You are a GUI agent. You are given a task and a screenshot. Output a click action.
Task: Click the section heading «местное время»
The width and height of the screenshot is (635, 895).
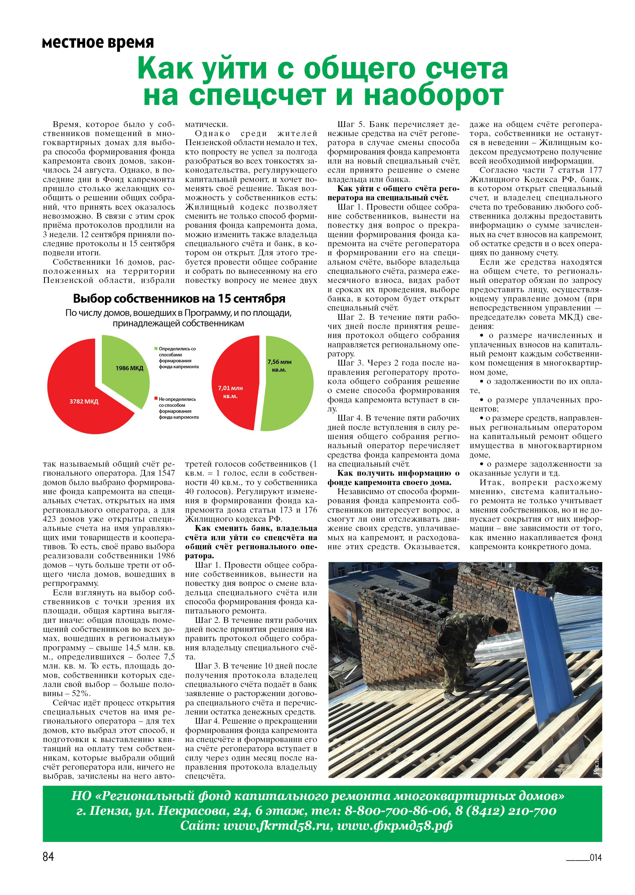[x=98, y=42]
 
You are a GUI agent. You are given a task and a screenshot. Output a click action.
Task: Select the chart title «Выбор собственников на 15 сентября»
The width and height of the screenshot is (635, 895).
[x=179, y=299]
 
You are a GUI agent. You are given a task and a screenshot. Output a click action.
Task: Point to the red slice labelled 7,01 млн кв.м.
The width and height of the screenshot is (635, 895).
[x=232, y=391]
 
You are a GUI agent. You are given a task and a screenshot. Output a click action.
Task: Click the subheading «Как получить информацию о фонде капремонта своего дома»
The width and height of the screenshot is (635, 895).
[x=393, y=478]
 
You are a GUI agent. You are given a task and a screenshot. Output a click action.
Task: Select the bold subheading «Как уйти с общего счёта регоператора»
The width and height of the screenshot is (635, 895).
[x=393, y=193]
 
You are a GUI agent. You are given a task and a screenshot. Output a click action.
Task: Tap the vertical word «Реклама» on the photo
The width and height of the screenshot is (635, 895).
[x=597, y=764]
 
